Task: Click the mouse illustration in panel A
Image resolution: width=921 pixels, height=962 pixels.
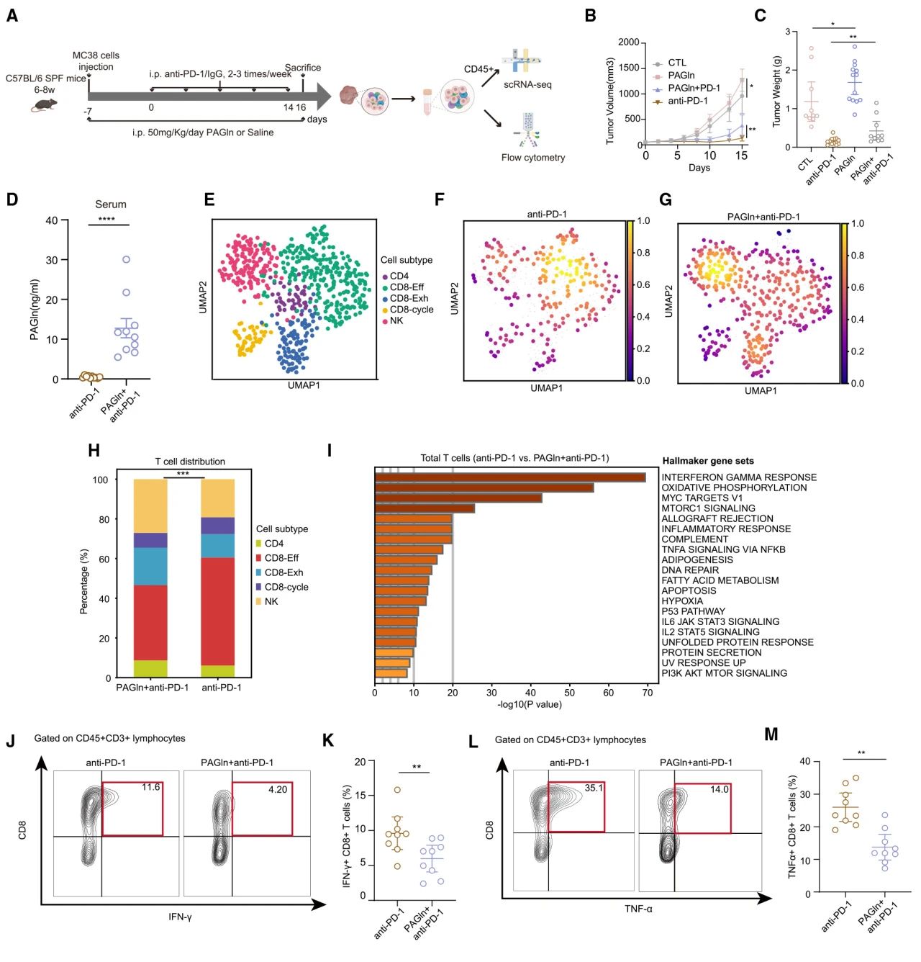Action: (44, 104)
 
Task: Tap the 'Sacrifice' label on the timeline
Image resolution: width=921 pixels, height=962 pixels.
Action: (303, 68)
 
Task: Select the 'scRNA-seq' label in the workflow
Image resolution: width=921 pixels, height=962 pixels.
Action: (527, 84)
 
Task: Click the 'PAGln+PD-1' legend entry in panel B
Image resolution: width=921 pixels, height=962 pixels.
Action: (694, 88)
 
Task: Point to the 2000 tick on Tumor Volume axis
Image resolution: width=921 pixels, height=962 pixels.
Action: (628, 42)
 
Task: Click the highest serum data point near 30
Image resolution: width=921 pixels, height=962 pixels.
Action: (127, 259)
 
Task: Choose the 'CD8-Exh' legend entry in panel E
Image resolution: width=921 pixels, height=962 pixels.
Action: (409, 298)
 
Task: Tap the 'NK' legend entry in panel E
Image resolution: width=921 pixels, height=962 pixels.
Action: (396, 320)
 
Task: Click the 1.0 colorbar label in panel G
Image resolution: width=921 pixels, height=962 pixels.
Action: (858, 224)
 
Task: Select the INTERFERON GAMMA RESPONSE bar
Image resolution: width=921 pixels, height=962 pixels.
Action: (509, 477)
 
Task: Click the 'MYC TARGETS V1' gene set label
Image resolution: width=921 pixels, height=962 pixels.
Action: (702, 498)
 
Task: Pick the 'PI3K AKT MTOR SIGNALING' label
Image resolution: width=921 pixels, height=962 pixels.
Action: (724, 673)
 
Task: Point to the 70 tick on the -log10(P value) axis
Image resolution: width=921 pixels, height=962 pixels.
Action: (648, 693)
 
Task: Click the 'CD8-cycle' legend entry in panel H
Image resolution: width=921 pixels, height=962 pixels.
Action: (286, 587)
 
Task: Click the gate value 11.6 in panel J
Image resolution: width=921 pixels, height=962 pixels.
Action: (150, 788)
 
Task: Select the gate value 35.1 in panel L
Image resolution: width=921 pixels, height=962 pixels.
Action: (594, 788)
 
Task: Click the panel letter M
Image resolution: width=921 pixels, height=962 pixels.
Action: (771, 734)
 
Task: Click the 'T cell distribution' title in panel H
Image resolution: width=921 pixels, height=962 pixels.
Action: (190, 462)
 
